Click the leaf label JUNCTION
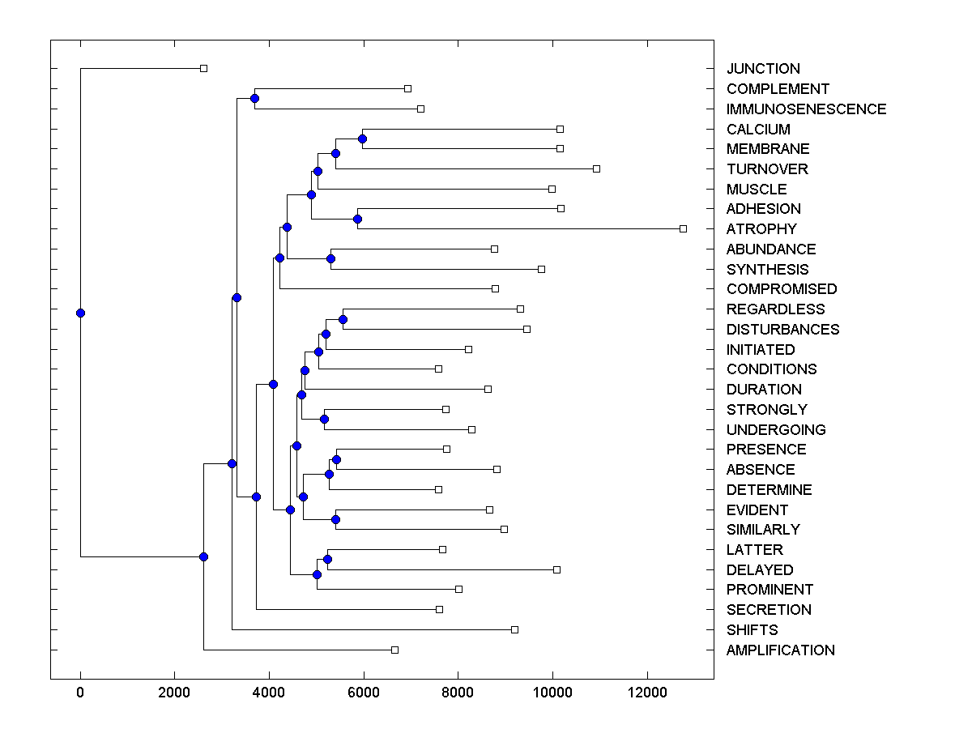click(x=763, y=69)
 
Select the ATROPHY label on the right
click(x=761, y=229)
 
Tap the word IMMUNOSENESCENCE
click(x=806, y=109)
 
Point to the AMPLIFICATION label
click(x=780, y=650)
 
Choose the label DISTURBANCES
click(x=782, y=330)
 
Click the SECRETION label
click(x=769, y=610)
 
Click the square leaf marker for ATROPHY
click(x=683, y=229)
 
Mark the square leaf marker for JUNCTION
click(x=203, y=69)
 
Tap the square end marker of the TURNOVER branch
click(x=596, y=168)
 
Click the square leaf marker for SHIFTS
click(x=514, y=629)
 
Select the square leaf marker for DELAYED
click(x=556, y=569)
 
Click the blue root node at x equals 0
click(x=80, y=313)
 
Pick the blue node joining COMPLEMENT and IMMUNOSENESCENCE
click(x=254, y=99)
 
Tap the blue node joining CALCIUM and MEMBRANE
click(x=362, y=139)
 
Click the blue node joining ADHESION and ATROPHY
click(x=357, y=219)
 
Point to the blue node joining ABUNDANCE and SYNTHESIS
click(x=330, y=259)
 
